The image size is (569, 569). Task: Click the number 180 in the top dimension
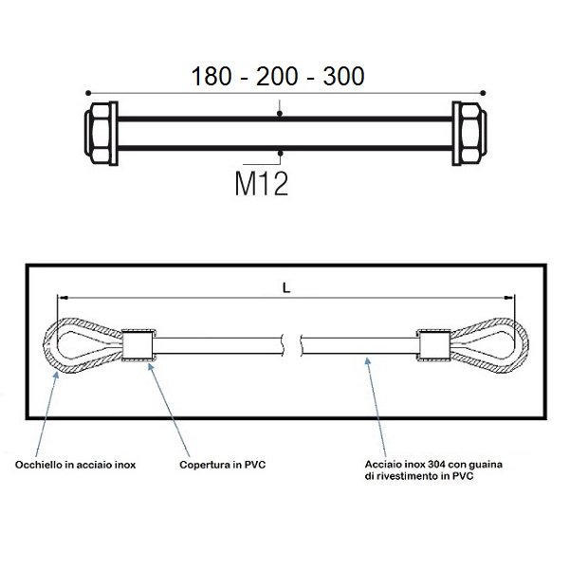(211, 76)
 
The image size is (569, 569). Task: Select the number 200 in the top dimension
(277, 76)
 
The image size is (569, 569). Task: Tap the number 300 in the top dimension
(343, 76)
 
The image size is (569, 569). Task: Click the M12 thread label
(262, 184)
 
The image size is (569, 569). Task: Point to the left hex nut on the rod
(98, 133)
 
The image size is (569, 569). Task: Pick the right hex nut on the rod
(473, 133)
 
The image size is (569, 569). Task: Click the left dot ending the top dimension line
(88, 93)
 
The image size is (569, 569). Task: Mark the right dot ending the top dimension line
(483, 93)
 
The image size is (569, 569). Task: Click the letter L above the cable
(286, 288)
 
